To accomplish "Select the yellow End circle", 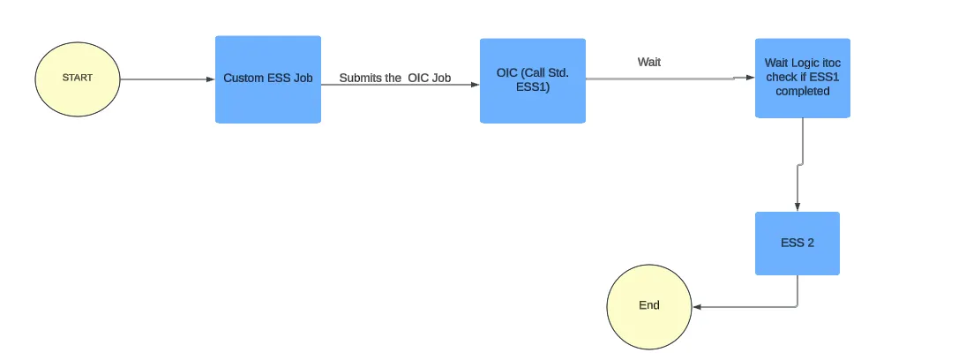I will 649,306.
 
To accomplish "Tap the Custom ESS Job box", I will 267,79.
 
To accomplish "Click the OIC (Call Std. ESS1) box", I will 532,80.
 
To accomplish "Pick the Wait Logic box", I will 802,78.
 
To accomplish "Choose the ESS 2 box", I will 797,243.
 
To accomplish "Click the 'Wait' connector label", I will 649,63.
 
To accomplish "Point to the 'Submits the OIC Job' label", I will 394,79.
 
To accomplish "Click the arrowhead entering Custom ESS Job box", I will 211,79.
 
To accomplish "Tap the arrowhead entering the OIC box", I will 475,86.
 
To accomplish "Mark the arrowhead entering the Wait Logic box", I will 750,78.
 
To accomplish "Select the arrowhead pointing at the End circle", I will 697,307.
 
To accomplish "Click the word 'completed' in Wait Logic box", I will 802,91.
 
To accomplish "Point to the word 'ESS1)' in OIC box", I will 532,87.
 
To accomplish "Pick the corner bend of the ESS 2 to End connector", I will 797,307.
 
